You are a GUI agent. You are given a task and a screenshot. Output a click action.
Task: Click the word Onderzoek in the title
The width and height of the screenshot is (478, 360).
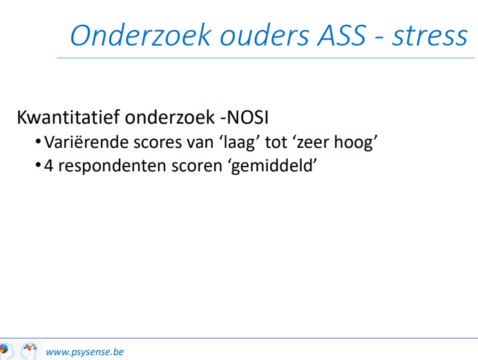point(141,35)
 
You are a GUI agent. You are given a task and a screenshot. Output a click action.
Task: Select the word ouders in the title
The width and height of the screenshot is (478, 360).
point(265,35)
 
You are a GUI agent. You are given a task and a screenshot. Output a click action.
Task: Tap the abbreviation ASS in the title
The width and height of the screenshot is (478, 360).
point(342,35)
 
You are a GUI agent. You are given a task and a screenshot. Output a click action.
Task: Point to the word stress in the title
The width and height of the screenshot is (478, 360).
point(430,37)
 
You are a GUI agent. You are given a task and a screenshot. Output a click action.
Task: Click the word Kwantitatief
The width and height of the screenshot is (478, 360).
point(68,117)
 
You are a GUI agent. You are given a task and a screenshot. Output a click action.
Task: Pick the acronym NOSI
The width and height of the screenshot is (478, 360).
point(247,117)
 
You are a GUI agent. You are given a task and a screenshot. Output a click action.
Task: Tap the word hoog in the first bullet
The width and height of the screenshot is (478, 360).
point(356,142)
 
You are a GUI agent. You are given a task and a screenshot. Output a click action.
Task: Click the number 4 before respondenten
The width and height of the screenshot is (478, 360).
point(48,166)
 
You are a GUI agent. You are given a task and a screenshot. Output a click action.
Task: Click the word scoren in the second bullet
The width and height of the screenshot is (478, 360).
point(197,167)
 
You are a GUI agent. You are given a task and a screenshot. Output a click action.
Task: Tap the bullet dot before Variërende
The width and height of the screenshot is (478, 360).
point(38,142)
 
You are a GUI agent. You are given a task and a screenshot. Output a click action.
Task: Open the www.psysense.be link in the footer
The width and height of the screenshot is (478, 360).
point(85,352)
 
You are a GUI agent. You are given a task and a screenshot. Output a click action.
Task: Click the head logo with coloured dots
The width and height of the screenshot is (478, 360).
point(29,350)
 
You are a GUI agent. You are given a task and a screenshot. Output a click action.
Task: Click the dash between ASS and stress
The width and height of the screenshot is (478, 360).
point(379,39)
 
